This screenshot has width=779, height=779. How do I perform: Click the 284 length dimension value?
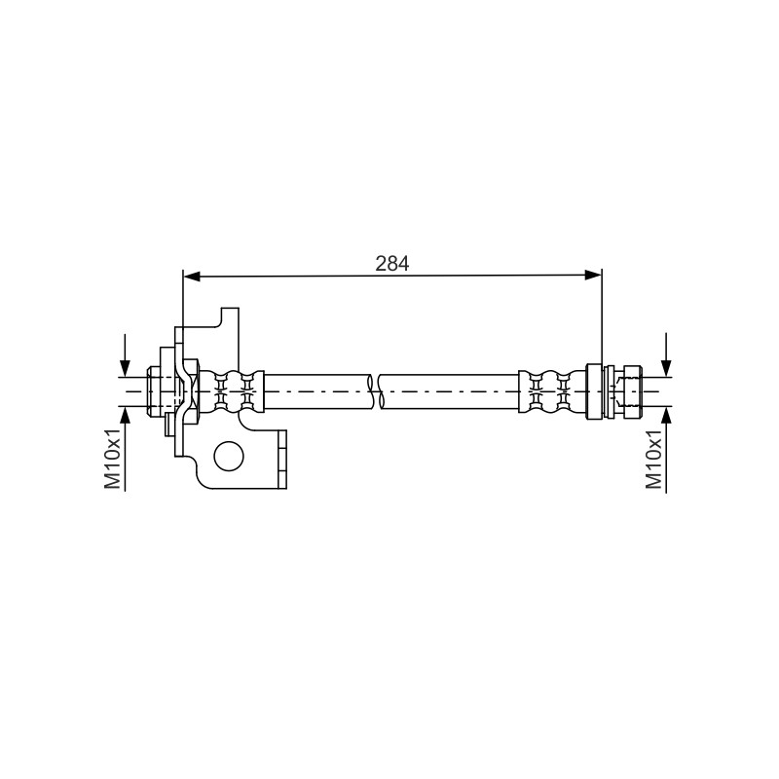392,263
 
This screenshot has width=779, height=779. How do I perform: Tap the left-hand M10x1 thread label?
113,459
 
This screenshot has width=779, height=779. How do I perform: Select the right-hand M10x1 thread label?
653,459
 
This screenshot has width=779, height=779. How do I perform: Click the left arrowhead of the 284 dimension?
192,277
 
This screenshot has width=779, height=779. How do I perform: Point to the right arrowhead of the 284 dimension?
593,276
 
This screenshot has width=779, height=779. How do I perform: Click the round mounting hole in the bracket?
229,456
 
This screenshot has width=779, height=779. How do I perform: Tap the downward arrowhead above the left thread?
125,368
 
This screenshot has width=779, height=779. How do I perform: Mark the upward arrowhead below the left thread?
125,416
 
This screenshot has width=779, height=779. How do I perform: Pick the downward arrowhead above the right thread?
666,368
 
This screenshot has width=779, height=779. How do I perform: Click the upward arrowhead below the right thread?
666,416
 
